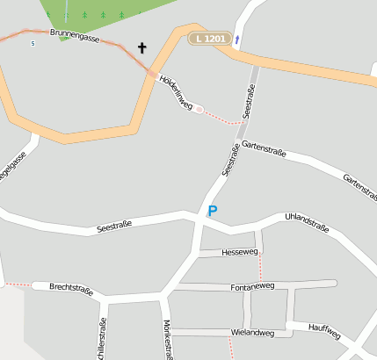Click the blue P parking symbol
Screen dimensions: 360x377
pyautogui.click(x=212, y=211)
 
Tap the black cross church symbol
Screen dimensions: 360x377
pyautogui.click(x=142, y=47)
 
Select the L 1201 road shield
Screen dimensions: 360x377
pyautogui.click(x=211, y=39)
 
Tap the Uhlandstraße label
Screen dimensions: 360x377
pyautogui.click(x=307, y=222)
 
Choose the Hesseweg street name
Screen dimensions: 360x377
pyautogui.click(x=240, y=252)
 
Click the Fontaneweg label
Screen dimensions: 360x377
pyautogui.click(x=252, y=286)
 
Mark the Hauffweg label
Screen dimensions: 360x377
pyautogui.click(x=325, y=330)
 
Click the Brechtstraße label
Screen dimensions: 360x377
pyautogui.click(x=71, y=287)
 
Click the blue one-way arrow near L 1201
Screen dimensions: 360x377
pyautogui.click(x=237, y=40)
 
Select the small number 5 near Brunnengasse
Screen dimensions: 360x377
pyautogui.click(x=33, y=43)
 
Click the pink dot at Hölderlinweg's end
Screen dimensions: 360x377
pyautogui.click(x=199, y=109)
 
